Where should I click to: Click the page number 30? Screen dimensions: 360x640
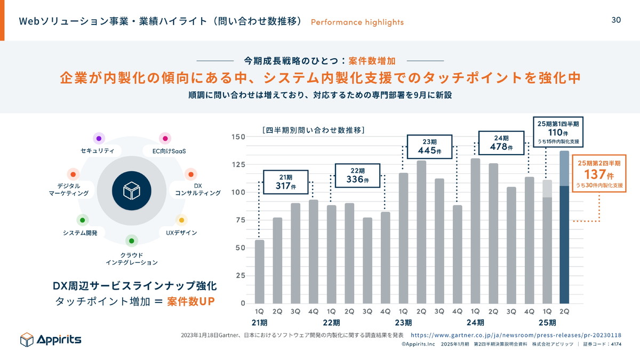pyautogui.click(x=616, y=20)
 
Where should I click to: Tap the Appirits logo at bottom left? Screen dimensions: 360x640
pyautogui.click(x=51, y=339)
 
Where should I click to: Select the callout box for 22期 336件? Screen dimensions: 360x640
pyautogui.click(x=357, y=175)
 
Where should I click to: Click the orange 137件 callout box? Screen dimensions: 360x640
pyautogui.click(x=599, y=173)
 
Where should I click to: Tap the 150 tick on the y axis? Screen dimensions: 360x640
pyautogui.click(x=238, y=137)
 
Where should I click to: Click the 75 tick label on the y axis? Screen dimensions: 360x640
pyautogui.click(x=239, y=220)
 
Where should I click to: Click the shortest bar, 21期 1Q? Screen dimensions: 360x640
pyautogui.click(x=259, y=271)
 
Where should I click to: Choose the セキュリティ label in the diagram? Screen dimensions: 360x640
pyautogui.click(x=97, y=151)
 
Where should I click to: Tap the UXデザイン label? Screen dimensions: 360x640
pyautogui.click(x=181, y=233)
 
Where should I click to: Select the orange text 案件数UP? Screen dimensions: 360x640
pyautogui.click(x=190, y=301)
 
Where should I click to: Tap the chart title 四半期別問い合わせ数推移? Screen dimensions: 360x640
pyautogui.click(x=313, y=130)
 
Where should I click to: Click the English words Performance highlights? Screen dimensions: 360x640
pyautogui.click(x=357, y=22)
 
